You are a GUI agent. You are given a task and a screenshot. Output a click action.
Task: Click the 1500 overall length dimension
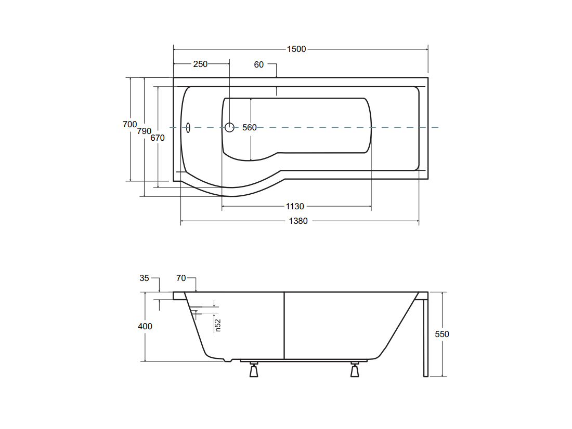click(296, 49)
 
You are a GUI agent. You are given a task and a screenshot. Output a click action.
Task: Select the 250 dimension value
click(200, 64)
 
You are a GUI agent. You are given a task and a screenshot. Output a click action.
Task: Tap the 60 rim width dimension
click(258, 64)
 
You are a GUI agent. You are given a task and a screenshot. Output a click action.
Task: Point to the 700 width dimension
click(130, 125)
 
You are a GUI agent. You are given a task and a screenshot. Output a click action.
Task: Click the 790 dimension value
click(144, 131)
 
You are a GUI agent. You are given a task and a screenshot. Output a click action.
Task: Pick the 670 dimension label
click(158, 138)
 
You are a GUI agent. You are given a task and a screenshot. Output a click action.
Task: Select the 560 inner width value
click(250, 128)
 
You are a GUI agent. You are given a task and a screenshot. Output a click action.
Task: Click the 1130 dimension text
click(295, 207)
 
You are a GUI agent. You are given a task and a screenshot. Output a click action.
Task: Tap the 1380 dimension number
click(298, 221)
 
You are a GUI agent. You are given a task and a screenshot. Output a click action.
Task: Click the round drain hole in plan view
click(229, 127)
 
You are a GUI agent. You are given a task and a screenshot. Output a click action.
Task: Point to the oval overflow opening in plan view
click(188, 128)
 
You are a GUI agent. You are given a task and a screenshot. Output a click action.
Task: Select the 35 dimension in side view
click(144, 278)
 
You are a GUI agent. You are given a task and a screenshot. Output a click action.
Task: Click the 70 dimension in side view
click(181, 278)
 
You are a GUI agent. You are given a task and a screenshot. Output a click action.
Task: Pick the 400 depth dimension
click(145, 326)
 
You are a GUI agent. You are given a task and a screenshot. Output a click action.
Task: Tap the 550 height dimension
click(442, 334)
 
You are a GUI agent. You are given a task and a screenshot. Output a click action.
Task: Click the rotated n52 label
click(218, 325)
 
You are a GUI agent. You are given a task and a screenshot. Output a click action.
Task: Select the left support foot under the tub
click(254, 370)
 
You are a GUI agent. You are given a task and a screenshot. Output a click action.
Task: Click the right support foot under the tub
click(355, 370)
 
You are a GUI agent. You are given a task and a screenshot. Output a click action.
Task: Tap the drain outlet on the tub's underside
click(228, 360)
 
